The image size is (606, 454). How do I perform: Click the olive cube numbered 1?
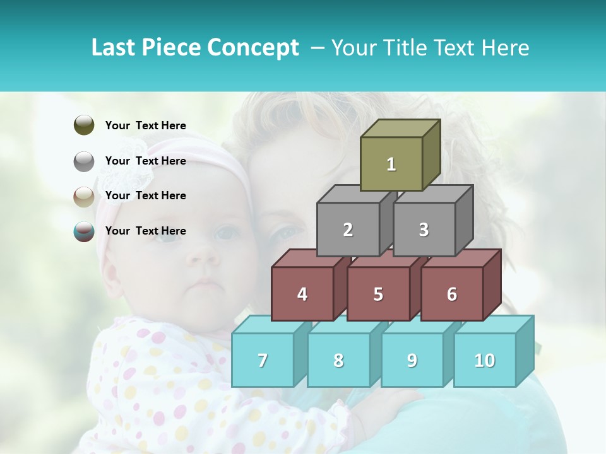pos(391,164)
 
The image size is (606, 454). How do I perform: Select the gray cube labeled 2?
pos(348,230)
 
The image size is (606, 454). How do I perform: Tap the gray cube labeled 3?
pos(424,230)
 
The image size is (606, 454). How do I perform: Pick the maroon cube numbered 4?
pos(302,294)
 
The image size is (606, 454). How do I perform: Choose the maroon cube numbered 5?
pos(378,294)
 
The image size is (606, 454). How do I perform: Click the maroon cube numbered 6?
pos(452,294)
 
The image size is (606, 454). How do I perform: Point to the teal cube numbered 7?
pos(263,360)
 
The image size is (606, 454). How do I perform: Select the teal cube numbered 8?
pos(338,360)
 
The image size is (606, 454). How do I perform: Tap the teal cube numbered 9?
pos(412,360)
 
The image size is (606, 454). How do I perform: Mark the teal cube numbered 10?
pos(485,360)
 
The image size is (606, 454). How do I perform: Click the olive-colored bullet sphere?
pos(84,125)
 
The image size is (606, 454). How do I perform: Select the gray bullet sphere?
pos(84,161)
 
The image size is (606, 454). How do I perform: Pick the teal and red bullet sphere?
pos(84,231)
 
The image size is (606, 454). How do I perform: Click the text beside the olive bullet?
pos(146,125)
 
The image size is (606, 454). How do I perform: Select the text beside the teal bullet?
pos(146,231)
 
